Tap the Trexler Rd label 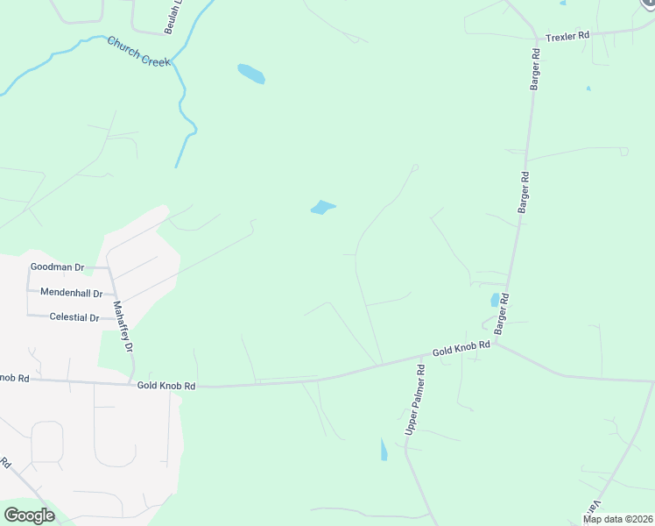click(x=568, y=38)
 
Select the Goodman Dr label click(x=57, y=267)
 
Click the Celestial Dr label click(x=74, y=316)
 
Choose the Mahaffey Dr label click(x=123, y=327)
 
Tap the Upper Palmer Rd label click(x=415, y=401)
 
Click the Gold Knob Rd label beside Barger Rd click(x=461, y=349)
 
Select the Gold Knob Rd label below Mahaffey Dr click(x=166, y=385)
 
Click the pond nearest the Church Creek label click(x=251, y=74)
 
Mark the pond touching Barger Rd click(x=496, y=300)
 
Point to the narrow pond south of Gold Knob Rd click(x=384, y=451)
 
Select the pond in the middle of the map click(x=322, y=208)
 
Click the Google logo click(x=29, y=515)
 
